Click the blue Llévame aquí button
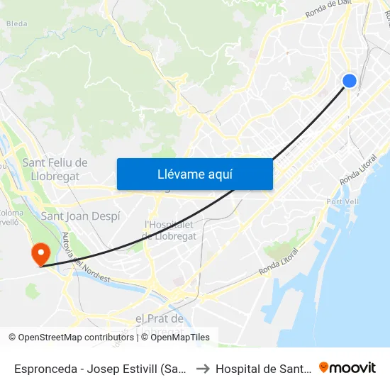[x=194, y=174]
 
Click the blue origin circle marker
[x=349, y=81]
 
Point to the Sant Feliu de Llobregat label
[x=55, y=169]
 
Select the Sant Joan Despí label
[x=80, y=216]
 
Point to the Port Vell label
[x=343, y=202]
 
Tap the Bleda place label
[x=16, y=23]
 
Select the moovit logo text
[x=353, y=368]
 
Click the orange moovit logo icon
[x=324, y=367]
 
